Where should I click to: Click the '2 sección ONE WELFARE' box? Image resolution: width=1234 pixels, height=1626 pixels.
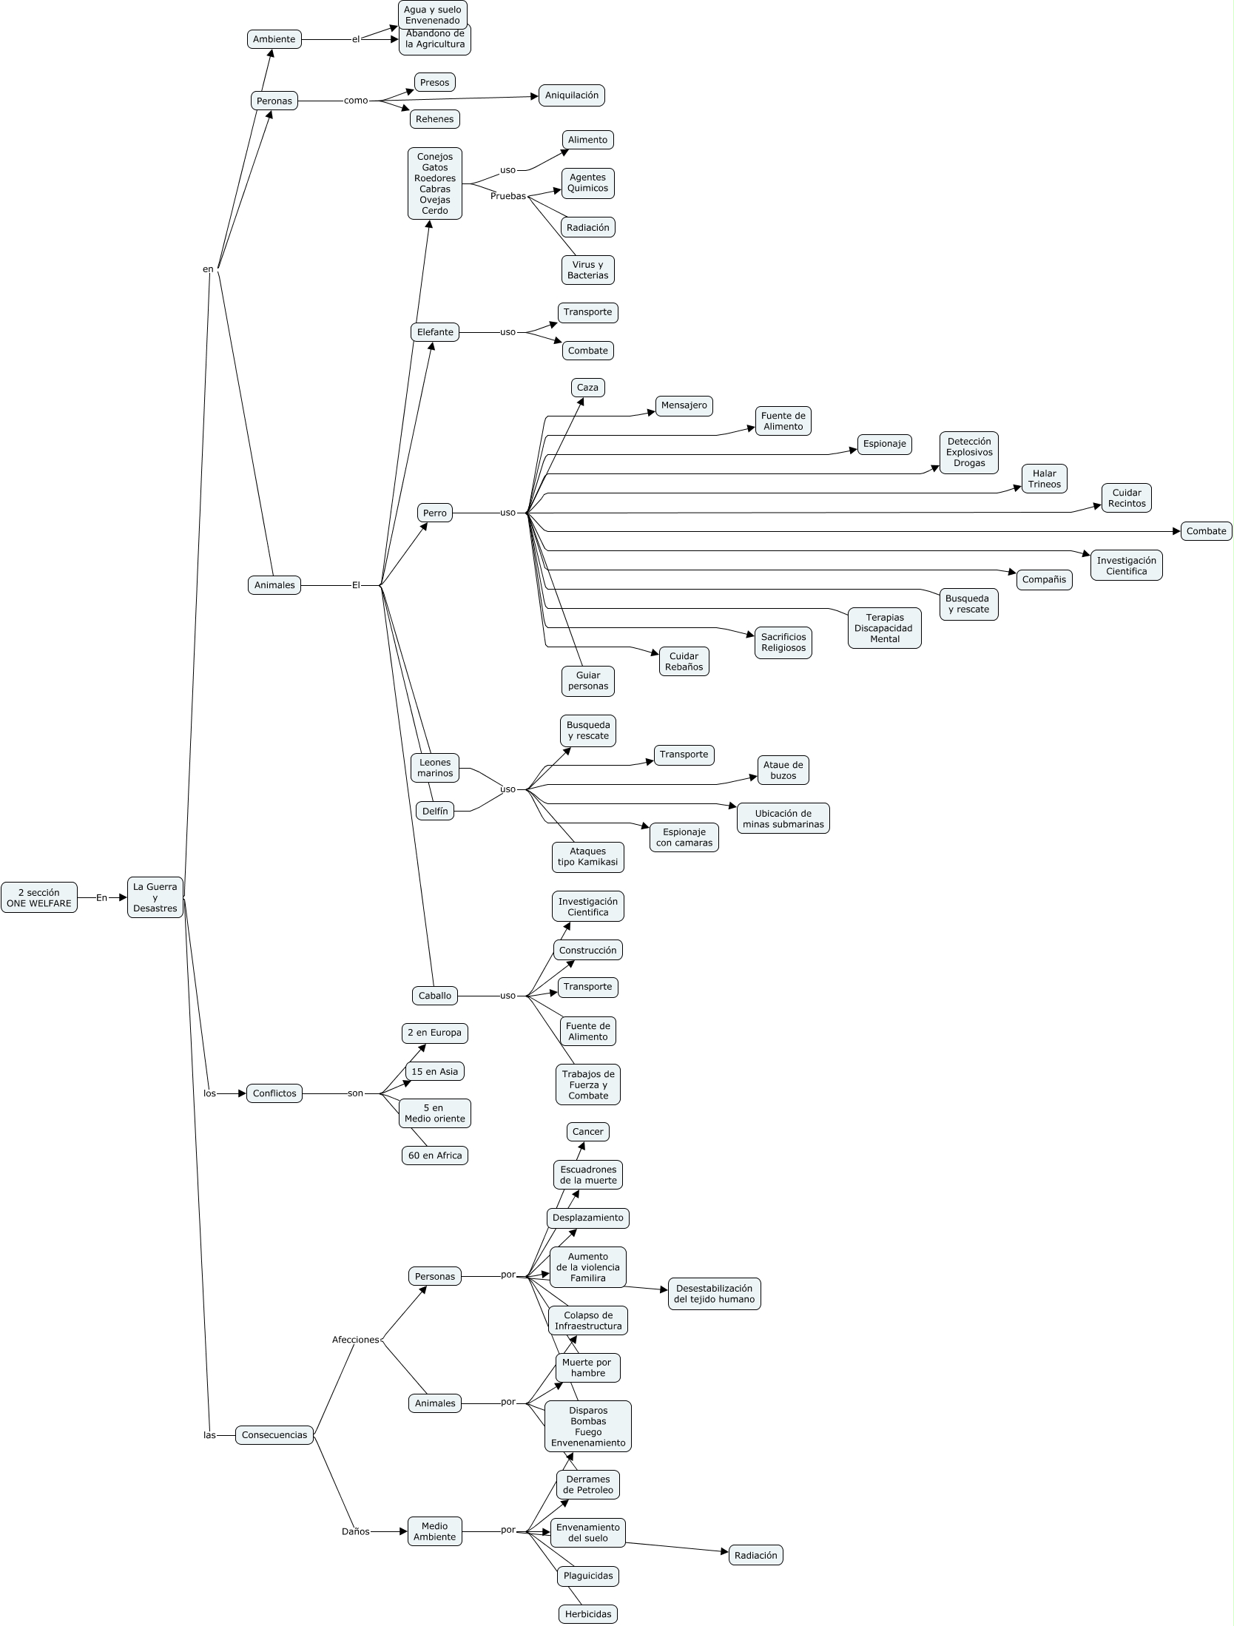click(x=39, y=897)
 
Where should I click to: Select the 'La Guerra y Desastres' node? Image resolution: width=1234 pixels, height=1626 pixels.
click(x=155, y=897)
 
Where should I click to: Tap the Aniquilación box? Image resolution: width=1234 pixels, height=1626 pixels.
click(x=572, y=95)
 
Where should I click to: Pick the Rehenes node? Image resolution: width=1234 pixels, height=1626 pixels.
click(x=435, y=119)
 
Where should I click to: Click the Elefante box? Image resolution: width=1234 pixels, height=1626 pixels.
click(x=435, y=332)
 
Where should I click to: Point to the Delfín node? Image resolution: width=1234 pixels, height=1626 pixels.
click(x=435, y=811)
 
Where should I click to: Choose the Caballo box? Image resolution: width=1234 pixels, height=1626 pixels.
click(x=435, y=996)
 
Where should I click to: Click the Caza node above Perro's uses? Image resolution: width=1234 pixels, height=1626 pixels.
click(x=587, y=388)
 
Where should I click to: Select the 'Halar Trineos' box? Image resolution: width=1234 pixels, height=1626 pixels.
click(x=1044, y=479)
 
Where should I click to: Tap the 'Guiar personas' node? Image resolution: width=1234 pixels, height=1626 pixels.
click(x=588, y=681)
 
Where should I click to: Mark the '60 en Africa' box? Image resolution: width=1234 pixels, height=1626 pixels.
click(x=435, y=1156)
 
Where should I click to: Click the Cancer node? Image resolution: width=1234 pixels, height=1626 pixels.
click(x=588, y=1132)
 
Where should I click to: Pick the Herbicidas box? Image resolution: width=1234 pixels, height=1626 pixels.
click(x=588, y=1614)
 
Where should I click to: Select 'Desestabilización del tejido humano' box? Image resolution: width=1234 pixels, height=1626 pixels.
click(x=714, y=1294)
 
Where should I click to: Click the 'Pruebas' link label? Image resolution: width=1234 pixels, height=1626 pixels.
click(x=508, y=196)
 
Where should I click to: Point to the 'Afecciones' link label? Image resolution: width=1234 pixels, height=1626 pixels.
click(x=356, y=1340)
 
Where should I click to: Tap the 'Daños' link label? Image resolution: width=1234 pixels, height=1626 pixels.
click(x=356, y=1531)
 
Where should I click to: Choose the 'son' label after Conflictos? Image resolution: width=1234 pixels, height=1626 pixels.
click(x=356, y=1093)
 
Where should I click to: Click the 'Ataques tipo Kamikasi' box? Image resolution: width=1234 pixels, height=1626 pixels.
click(x=588, y=857)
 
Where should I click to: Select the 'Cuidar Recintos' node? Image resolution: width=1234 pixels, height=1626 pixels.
click(x=1127, y=498)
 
